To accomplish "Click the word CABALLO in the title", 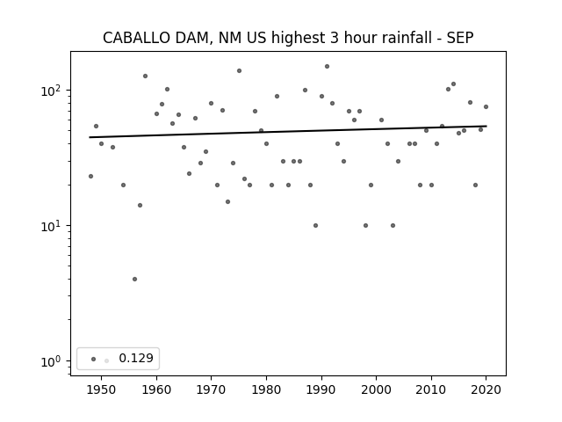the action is pyautogui.click(x=136, y=38).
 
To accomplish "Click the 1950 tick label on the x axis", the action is pyautogui.click(x=102, y=389).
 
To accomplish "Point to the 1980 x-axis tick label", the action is pyautogui.click(x=266, y=389).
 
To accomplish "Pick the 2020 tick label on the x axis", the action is pyautogui.click(x=486, y=389).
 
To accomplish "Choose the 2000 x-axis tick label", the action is pyautogui.click(x=377, y=389).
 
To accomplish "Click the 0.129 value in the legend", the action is pyautogui.click(x=136, y=358).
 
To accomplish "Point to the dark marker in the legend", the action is pyautogui.click(x=94, y=359).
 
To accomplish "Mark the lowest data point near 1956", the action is pyautogui.click(x=134, y=280).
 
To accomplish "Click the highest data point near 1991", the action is pyautogui.click(x=327, y=67).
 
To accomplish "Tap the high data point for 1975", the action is pyautogui.click(x=239, y=70).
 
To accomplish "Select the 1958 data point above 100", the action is pyautogui.click(x=145, y=76).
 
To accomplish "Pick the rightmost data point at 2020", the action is pyautogui.click(x=486, y=106).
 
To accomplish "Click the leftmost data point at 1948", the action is pyautogui.click(x=90, y=176).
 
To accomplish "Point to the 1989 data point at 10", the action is pyautogui.click(x=316, y=225).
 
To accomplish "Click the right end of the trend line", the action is pyautogui.click(x=486, y=126).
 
